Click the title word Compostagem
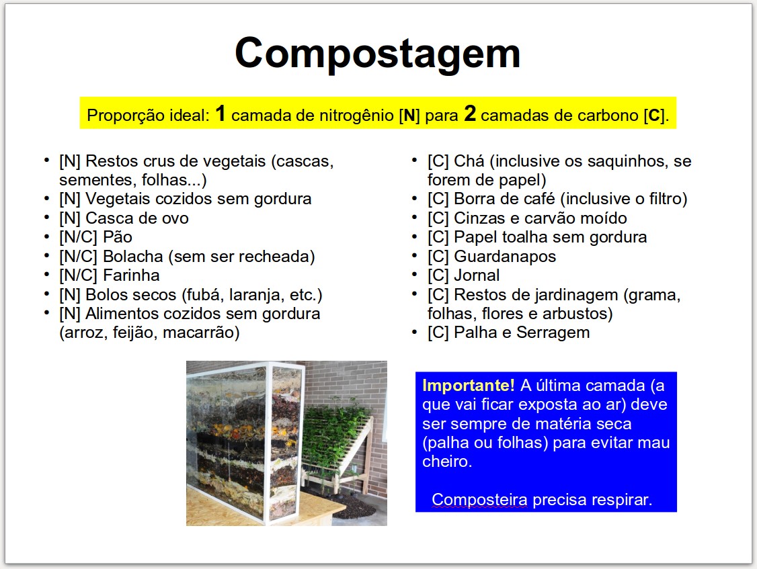[378, 54]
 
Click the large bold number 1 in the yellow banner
[221, 114]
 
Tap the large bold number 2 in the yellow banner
[470, 114]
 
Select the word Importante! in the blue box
[469, 386]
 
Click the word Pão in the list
[118, 237]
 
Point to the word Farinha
[131, 275]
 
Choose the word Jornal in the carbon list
[477, 275]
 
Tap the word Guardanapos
[505, 256]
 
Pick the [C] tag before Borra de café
[438, 199]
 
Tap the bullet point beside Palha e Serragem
[415, 332]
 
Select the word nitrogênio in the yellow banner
[348, 116]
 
